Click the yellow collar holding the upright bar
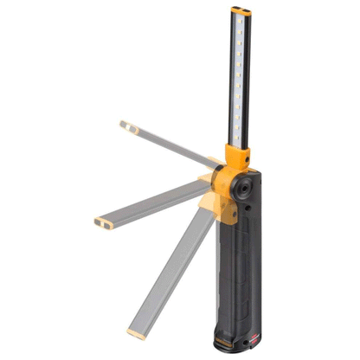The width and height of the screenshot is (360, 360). pyautogui.click(x=239, y=158)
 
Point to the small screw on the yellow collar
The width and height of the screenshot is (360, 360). pyautogui.click(x=246, y=159)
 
